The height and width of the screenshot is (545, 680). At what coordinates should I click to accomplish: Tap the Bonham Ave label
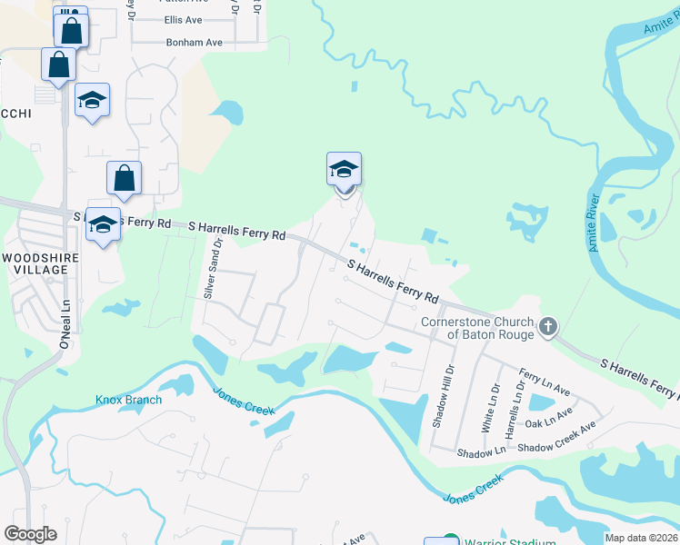coord(194,43)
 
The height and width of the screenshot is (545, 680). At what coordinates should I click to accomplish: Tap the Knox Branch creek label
coord(128,400)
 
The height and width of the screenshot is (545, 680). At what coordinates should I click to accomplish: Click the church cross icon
coord(548,327)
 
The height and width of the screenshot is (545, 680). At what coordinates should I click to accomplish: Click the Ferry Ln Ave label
coord(544,381)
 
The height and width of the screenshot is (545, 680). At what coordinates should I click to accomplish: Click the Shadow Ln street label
coord(481,451)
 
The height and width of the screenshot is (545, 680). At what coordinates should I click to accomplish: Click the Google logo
coord(30,534)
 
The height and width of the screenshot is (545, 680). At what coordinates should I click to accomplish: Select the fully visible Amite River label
coord(594,223)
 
